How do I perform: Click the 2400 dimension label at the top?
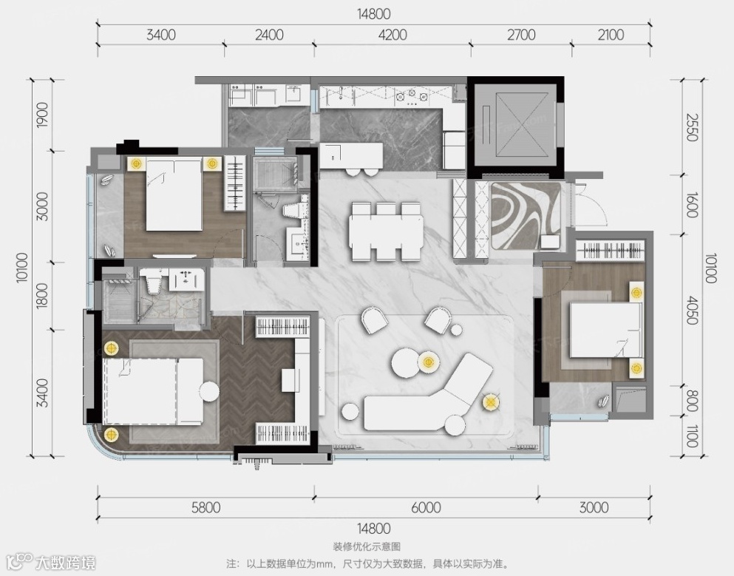tap(269, 35)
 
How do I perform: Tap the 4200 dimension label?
tap(393, 35)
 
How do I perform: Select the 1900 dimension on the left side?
tap(43, 115)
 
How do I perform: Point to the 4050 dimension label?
tap(691, 310)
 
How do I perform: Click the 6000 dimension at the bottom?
tap(427, 508)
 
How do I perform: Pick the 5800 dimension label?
tap(206, 508)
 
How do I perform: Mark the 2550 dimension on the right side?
tap(691, 126)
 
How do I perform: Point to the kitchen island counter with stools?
tap(351, 155)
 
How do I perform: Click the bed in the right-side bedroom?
tap(605, 330)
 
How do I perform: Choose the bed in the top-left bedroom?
tap(174, 194)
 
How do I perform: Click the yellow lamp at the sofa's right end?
tap(490, 401)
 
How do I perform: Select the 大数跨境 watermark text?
tap(66, 563)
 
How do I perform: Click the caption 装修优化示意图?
tap(367, 546)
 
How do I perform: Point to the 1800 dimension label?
tap(43, 296)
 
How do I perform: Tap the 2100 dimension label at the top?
tap(611, 35)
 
